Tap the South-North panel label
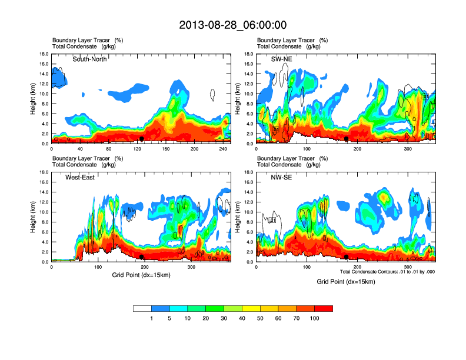[89, 59]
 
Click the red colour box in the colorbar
[324, 308]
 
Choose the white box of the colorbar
[142, 308]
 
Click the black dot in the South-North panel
[142, 138]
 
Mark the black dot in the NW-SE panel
[347, 256]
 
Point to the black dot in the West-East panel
[142, 256]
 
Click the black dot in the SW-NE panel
[347, 138]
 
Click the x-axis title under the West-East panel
[142, 275]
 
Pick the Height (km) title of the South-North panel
[33, 99]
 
